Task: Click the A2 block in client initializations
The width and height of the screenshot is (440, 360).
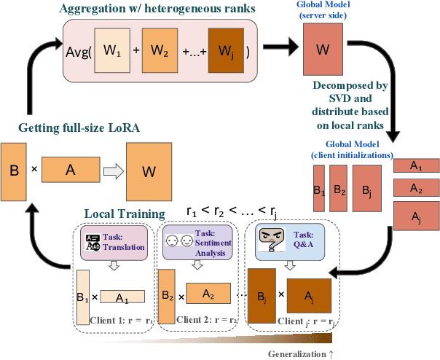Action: point(416,188)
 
